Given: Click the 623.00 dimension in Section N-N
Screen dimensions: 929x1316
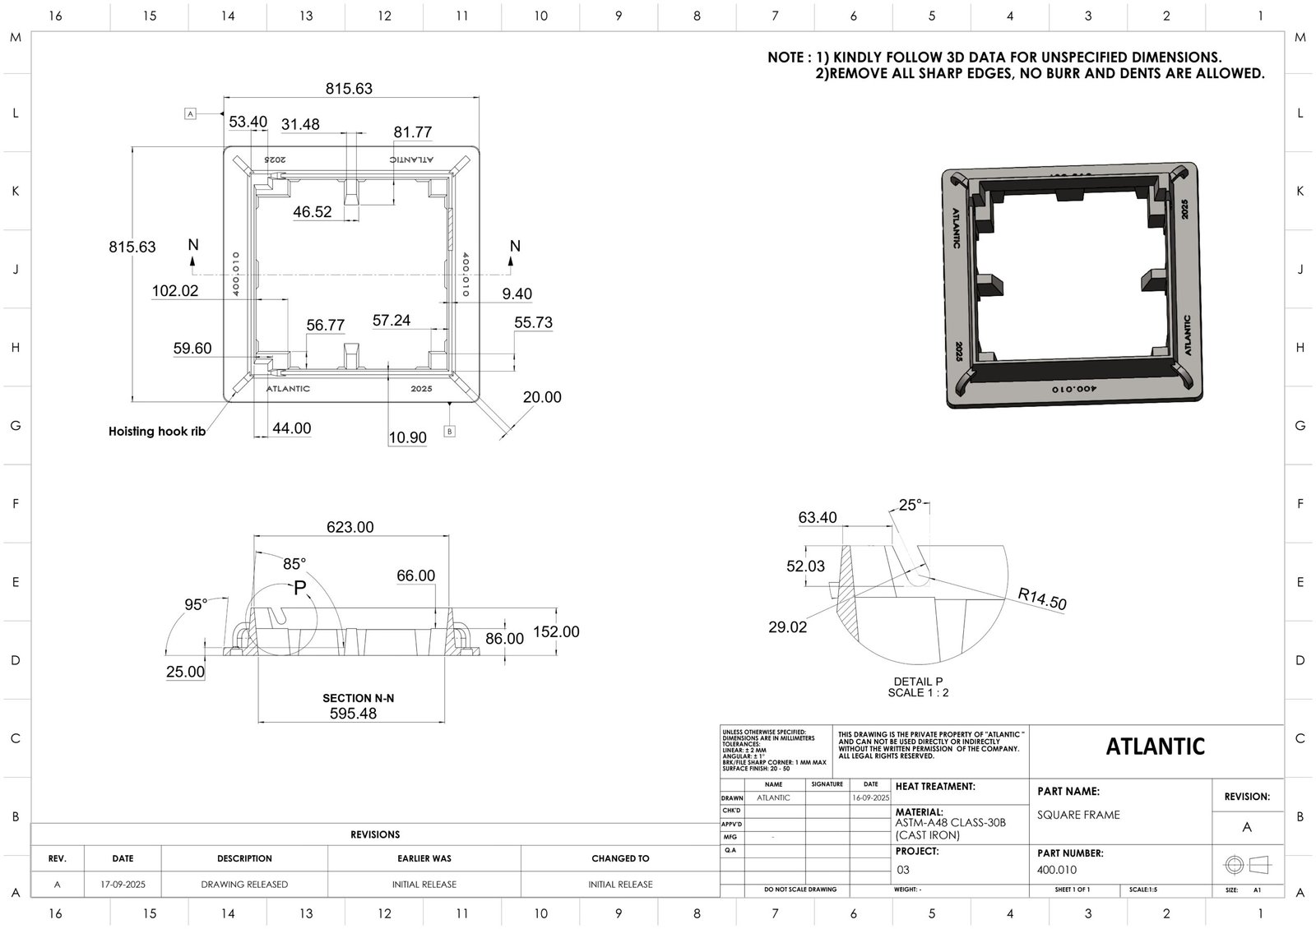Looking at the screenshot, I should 350,527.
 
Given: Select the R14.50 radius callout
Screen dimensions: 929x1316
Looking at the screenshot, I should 1041,599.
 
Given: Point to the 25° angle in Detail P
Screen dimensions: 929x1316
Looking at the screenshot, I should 911,505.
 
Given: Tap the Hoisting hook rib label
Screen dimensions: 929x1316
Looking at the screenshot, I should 157,431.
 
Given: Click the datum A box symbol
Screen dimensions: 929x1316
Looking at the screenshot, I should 190,114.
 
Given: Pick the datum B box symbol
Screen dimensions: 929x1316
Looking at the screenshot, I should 449,431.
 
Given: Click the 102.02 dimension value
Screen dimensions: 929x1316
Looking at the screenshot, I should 175,290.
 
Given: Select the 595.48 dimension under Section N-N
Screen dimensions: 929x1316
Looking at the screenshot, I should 353,714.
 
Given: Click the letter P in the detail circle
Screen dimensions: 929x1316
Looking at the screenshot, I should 299,588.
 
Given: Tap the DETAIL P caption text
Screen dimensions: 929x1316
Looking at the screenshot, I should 918,682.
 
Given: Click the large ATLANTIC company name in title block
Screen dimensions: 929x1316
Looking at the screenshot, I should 1155,746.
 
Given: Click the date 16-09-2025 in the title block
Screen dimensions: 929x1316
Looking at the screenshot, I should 871,797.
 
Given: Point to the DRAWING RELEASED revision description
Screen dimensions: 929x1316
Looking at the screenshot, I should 244,885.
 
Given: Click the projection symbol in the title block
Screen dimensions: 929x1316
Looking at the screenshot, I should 1247,865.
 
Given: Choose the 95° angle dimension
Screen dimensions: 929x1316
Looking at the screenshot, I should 196,605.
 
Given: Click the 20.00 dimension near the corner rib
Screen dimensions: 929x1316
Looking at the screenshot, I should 542,397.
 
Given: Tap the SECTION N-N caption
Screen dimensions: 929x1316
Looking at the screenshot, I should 358,698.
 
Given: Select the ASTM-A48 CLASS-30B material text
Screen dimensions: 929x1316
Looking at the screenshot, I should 950,823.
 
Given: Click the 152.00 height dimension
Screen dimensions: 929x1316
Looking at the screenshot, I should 556,631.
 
